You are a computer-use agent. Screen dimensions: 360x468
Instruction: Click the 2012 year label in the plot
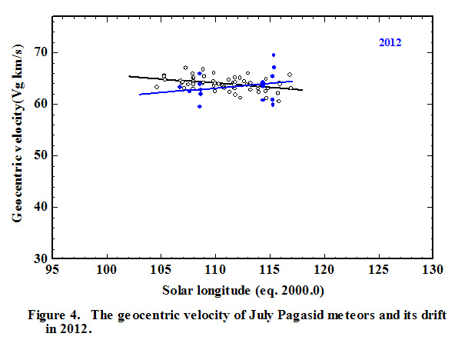tap(390, 43)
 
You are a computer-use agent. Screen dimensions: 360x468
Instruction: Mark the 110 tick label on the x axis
tap(215, 271)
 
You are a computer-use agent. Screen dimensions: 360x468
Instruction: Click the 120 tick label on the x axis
tap(324, 271)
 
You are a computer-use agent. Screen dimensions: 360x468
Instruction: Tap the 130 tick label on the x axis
tap(433, 271)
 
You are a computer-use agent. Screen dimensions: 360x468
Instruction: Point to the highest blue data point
tap(274, 55)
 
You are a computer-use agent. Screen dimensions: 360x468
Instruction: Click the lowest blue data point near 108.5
tap(199, 106)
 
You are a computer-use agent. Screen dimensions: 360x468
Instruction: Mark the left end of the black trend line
tap(129, 75)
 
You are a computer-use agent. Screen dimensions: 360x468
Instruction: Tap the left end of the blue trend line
tap(140, 94)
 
